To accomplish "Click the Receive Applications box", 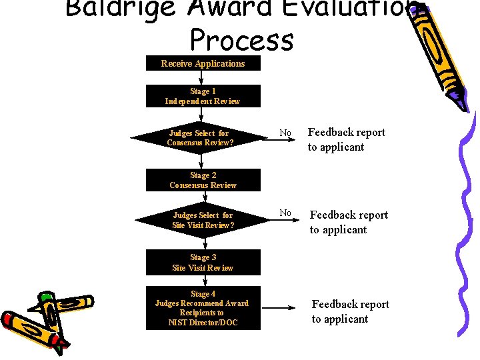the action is tap(203, 63).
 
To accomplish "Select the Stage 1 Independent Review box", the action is tap(203, 96).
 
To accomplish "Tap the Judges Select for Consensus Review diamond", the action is tap(199, 138).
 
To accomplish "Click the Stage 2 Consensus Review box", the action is tap(203, 180).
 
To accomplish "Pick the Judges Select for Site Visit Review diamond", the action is tap(203, 220).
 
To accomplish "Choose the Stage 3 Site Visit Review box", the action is tap(203, 262).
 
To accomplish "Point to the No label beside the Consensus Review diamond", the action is tap(285, 133).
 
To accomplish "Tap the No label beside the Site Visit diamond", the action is tap(285, 213).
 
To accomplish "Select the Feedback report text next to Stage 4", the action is tap(350, 311).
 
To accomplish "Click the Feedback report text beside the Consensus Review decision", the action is tap(346, 139).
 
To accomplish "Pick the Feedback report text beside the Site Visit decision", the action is tap(348, 222).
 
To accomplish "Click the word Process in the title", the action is tap(241, 40).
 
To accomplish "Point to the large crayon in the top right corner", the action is tap(443, 53).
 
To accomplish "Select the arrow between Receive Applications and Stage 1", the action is tap(202, 78).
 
